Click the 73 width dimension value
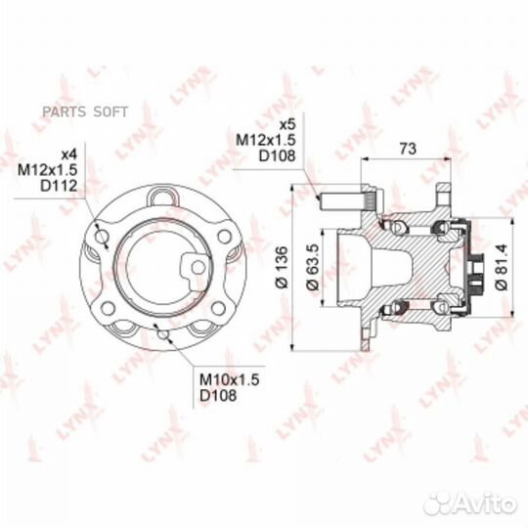tap(408, 149)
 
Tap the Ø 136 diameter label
tap(282, 267)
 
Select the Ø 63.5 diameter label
tap(313, 267)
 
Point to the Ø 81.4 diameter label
tap(501, 267)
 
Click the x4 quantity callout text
tap(69, 154)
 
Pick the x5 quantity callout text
tap(287, 124)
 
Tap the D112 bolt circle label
tap(59, 186)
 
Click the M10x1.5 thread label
tap(230, 379)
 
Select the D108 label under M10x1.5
tap(218, 395)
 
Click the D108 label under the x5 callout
tap(277, 155)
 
